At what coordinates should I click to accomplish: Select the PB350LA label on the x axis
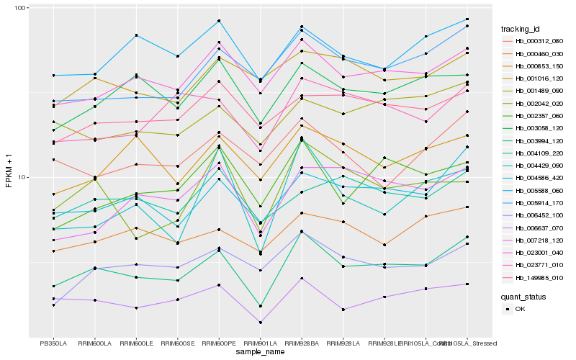[53, 343]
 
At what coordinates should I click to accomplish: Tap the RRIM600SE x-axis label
[177, 343]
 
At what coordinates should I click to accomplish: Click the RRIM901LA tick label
[260, 343]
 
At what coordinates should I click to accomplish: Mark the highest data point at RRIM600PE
[219, 21]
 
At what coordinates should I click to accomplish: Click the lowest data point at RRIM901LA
[260, 323]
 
